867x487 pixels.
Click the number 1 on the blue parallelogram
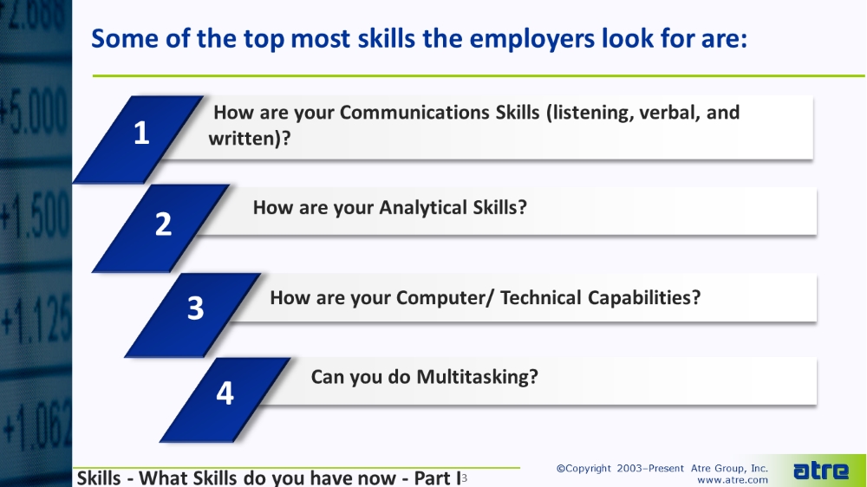(x=141, y=133)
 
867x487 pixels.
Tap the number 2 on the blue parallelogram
(x=163, y=224)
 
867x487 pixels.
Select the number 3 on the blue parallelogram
(x=196, y=308)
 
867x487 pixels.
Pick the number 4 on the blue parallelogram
(x=225, y=393)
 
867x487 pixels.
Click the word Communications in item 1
(x=439, y=112)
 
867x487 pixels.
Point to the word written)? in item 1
(x=250, y=138)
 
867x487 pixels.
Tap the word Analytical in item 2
(x=423, y=208)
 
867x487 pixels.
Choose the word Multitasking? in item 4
(x=477, y=377)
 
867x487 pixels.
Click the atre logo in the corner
(x=820, y=471)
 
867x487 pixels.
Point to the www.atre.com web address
(x=732, y=480)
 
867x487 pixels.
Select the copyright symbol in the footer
(x=561, y=469)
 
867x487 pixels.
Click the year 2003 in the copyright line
(x=629, y=468)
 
